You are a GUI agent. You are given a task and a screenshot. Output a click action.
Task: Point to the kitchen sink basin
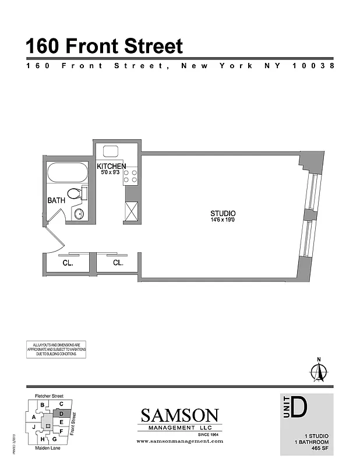tap(111, 151)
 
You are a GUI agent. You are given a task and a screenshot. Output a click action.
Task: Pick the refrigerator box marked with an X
tap(131, 211)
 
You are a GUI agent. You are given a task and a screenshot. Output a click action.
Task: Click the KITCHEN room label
tap(111, 167)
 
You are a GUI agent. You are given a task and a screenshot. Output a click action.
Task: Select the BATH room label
tap(57, 200)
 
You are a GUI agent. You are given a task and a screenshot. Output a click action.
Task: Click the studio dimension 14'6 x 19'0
tap(223, 220)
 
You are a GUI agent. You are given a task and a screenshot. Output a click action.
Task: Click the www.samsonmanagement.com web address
tap(179, 442)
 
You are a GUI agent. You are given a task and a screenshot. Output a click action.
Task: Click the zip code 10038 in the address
tap(312, 66)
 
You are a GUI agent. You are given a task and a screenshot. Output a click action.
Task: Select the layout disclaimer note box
tap(56, 349)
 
